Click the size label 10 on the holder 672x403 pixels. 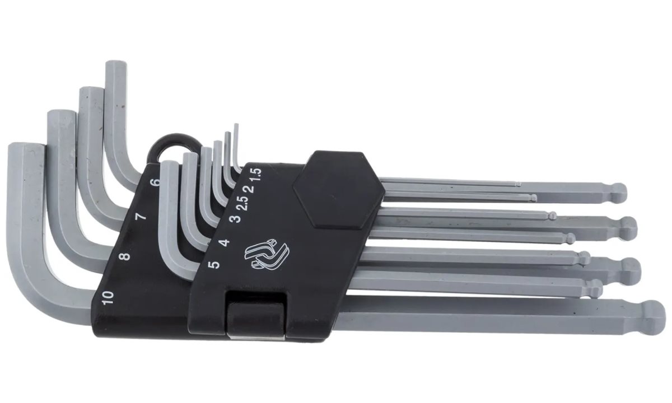(108, 298)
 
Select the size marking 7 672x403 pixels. (141, 217)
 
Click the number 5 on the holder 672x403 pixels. (213, 265)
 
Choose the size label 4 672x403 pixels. (225, 242)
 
